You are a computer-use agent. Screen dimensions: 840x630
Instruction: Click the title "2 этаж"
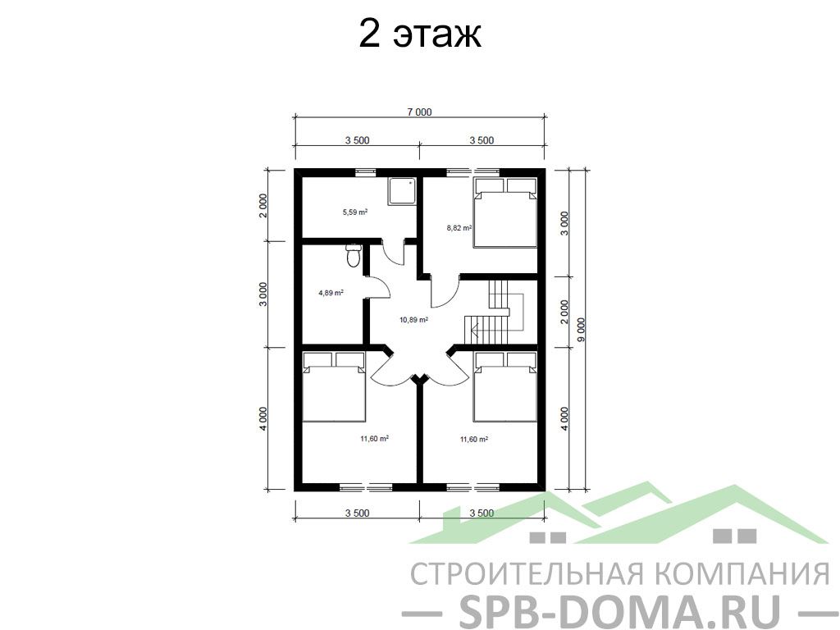tap(419, 34)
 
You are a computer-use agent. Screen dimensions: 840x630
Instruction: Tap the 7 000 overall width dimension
tap(419, 112)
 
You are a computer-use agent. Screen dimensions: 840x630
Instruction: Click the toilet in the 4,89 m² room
tap(353, 256)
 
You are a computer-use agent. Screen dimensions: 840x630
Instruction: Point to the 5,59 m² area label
tap(355, 212)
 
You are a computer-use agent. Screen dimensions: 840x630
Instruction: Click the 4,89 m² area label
tap(331, 293)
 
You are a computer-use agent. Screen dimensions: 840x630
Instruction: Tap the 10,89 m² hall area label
tap(413, 320)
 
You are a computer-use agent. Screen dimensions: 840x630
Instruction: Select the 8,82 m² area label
tap(459, 228)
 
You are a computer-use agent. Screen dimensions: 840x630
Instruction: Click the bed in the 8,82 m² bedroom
tap(505, 212)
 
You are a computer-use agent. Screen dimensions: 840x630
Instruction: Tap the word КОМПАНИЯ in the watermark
tap(742, 573)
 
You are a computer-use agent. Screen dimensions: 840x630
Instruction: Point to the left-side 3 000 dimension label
tap(262, 294)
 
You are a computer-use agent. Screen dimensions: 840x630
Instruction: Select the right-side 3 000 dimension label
tap(564, 223)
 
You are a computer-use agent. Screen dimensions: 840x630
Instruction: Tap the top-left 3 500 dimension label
tap(358, 140)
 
